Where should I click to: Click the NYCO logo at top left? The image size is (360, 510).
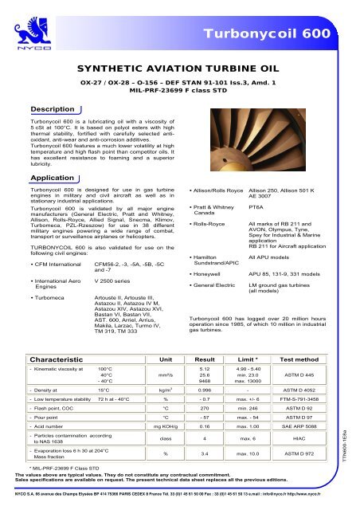point(21,20)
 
